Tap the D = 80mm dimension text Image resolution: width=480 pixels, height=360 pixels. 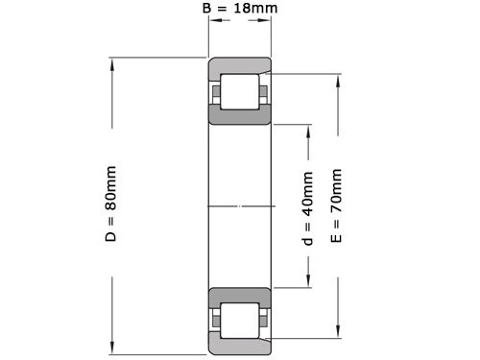[110, 204]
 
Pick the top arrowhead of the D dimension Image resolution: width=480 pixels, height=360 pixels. [112, 64]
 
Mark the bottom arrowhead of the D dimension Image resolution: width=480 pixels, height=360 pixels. [112, 349]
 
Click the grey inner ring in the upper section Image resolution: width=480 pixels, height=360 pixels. [240, 115]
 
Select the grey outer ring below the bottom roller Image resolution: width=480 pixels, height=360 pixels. [240, 343]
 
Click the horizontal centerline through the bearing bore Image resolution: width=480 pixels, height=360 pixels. [240, 205]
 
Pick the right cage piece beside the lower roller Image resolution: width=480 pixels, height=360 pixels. [262, 318]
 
